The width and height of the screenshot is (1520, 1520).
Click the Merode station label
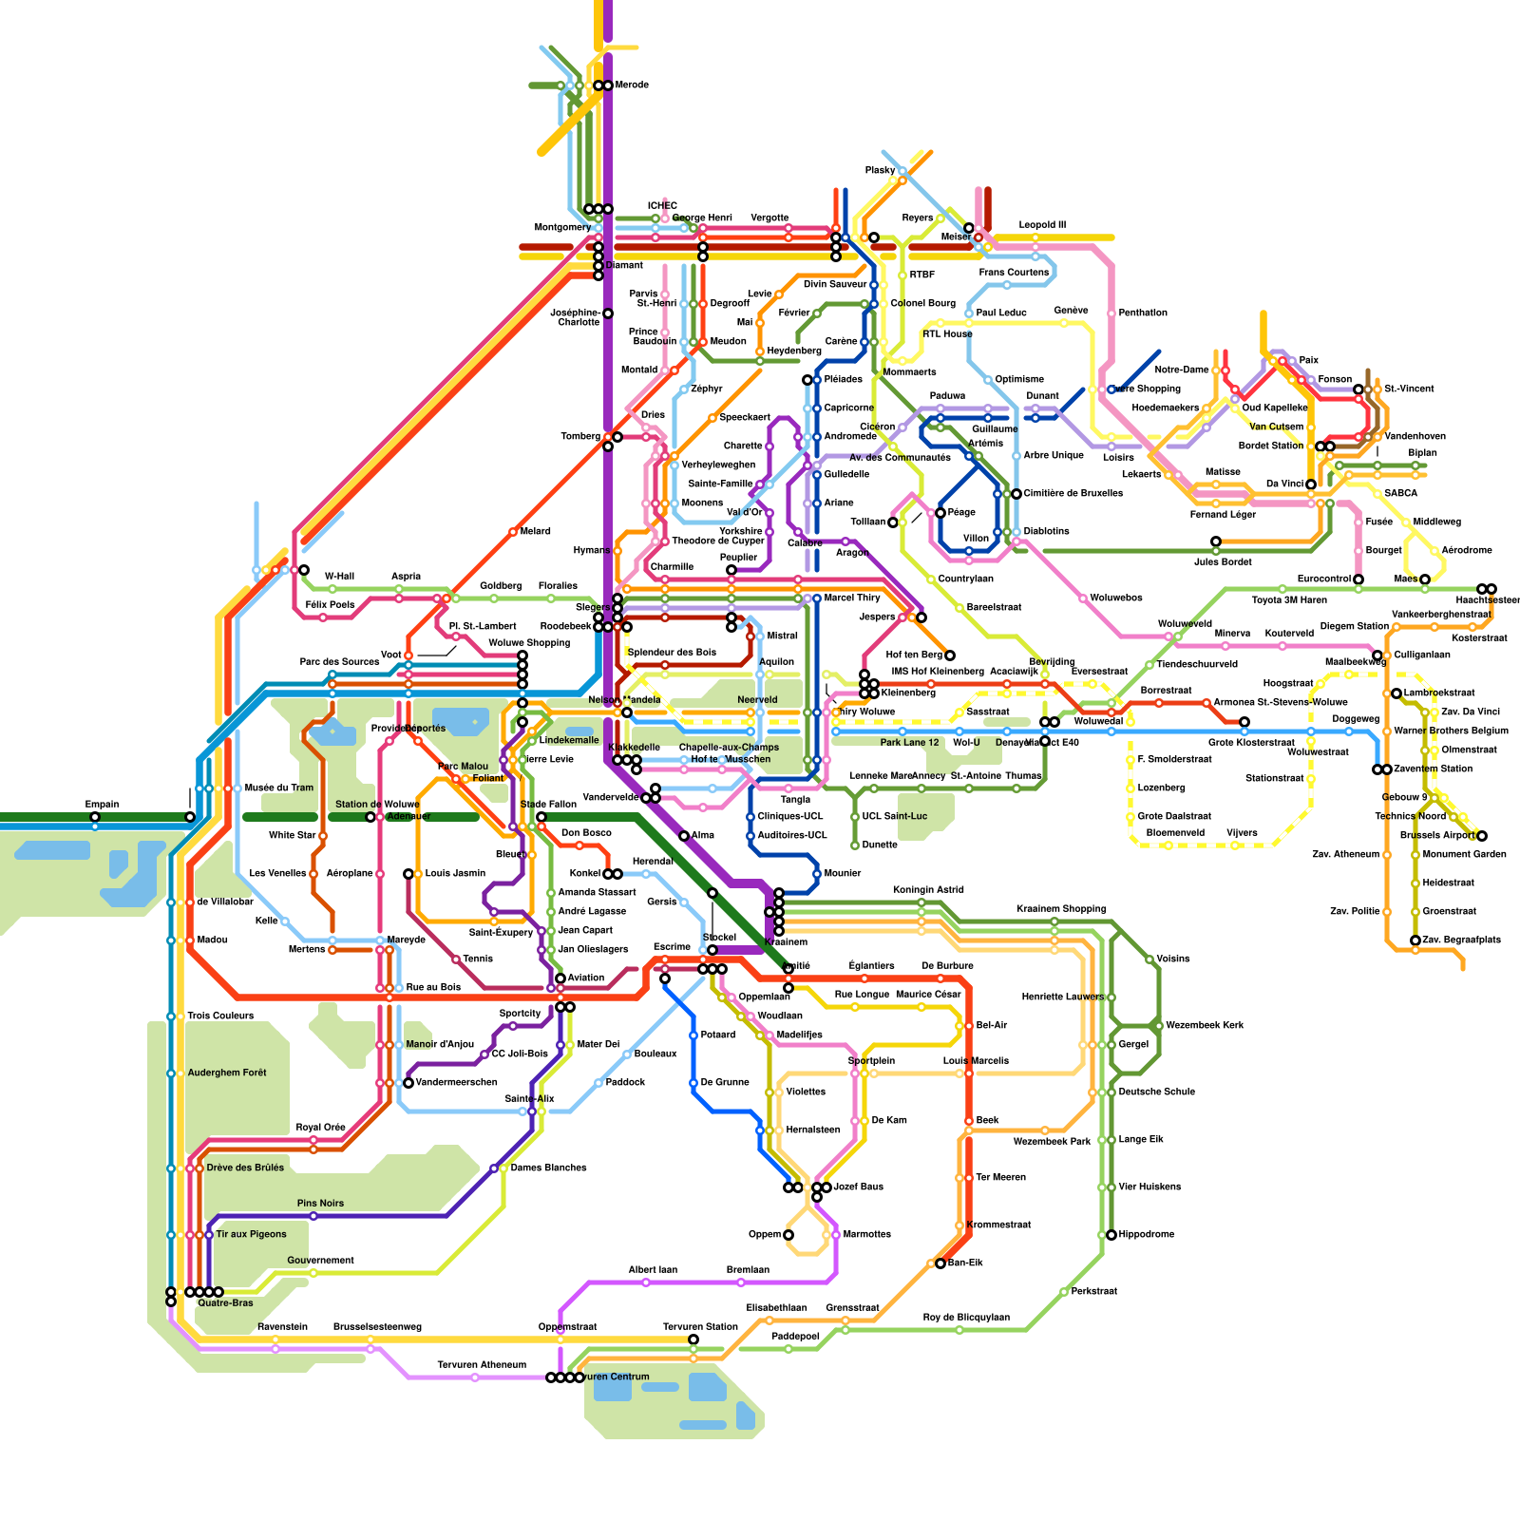pyautogui.click(x=632, y=85)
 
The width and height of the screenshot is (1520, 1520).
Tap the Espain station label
pyautogui.click(x=102, y=805)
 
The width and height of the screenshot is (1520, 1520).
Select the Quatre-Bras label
pyautogui.click(x=225, y=1303)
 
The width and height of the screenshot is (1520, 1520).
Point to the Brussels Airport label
pyautogui.click(x=1437, y=836)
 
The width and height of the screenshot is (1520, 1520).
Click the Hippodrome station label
pyautogui.click(x=1146, y=1235)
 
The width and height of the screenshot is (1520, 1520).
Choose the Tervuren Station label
pyautogui.click(x=700, y=1327)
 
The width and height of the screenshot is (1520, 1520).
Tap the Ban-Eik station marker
pyautogui.click(x=940, y=1263)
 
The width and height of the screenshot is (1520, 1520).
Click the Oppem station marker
pyautogui.click(x=788, y=1235)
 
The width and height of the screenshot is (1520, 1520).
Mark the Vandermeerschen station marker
pyautogui.click(x=408, y=1083)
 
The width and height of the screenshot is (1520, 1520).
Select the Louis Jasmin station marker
pyautogui.click(x=408, y=874)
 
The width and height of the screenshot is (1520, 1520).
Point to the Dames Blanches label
pyautogui.click(x=548, y=1168)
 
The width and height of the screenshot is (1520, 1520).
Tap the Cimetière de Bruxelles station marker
pyautogui.click(x=1016, y=494)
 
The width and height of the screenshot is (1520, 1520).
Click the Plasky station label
pyautogui.click(x=880, y=171)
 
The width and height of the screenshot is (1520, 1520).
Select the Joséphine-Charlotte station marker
pyautogui.click(x=608, y=313)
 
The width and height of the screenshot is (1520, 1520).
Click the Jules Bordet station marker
pyautogui.click(x=1216, y=541)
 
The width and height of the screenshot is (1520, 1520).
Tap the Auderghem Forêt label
pyautogui.click(x=227, y=1073)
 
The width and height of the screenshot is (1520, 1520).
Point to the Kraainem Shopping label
pyautogui.click(x=1060, y=909)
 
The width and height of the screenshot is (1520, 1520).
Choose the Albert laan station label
pyautogui.click(x=653, y=1270)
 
